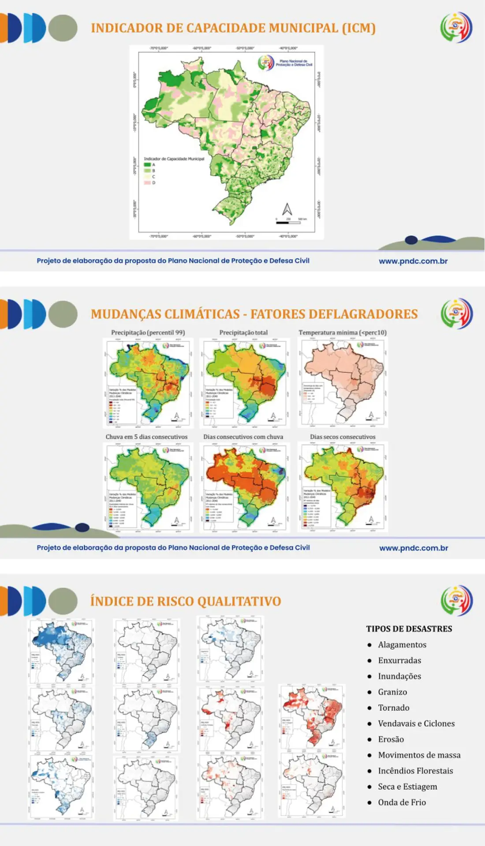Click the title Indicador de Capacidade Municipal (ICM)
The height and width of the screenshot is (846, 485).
coord(233,28)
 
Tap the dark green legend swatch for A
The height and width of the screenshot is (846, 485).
coord(147,165)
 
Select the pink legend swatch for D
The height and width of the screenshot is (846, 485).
coord(147,182)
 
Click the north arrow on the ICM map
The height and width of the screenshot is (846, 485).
coord(287,209)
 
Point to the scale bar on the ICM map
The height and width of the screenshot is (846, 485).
coord(289,223)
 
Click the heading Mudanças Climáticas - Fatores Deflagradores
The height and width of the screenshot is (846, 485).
coord(254,314)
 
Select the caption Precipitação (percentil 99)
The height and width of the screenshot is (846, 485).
coord(148,333)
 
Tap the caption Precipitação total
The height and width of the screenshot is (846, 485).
coord(243,333)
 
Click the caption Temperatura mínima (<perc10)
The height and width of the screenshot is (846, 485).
coord(343,333)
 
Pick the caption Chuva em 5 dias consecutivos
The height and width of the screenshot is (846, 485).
coord(146,437)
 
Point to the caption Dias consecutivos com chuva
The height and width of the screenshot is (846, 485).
coord(243,437)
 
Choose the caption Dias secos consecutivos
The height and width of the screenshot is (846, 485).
coord(343,437)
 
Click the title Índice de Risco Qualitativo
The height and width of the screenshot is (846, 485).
coord(186,601)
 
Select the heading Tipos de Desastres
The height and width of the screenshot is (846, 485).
coord(409,629)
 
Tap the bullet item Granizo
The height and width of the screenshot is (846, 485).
coord(392,692)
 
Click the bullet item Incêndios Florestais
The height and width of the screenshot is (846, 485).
coord(415,771)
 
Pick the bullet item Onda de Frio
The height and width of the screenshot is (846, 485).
coord(402,802)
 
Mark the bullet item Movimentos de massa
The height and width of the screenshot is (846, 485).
coord(419,755)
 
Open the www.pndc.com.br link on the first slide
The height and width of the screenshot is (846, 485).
coord(413,261)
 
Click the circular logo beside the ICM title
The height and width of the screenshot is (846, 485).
coord(456,27)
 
